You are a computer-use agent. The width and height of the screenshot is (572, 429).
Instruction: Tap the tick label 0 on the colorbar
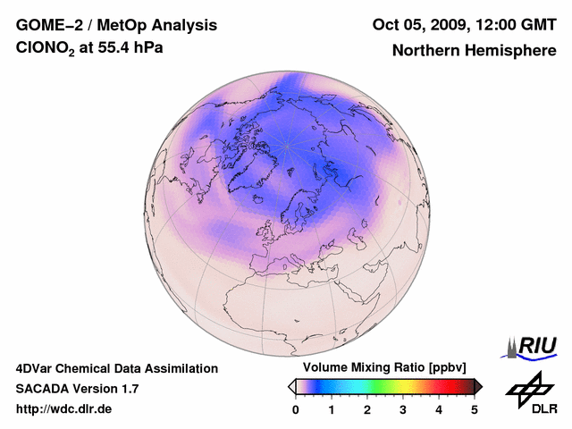296,409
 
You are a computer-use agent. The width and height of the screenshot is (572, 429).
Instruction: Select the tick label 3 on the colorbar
403,409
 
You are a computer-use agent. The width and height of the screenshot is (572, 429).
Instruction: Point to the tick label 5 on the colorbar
475,409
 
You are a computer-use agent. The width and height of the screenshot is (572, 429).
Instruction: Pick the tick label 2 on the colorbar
367,409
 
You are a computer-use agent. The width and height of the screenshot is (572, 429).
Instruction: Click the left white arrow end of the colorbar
291,386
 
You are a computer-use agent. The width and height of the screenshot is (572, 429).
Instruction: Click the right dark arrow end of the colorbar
478,386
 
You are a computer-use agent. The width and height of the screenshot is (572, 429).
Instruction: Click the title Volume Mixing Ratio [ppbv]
381,368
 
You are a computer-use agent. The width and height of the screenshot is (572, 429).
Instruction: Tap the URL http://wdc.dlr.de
64,409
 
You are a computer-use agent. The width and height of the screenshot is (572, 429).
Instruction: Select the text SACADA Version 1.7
77,389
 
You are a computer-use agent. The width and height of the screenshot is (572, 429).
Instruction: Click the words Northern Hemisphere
474,50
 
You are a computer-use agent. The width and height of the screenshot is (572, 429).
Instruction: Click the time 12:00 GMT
517,24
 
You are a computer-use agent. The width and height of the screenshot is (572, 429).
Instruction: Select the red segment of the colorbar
439,386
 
